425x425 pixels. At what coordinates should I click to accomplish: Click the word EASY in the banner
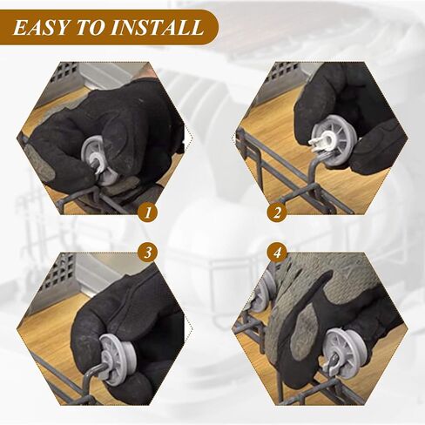pos(41,28)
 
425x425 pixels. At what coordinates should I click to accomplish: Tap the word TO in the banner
pos(90,28)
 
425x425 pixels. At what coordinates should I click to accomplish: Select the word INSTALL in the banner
pos(157,28)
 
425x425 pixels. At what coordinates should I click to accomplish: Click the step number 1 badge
pos(148,212)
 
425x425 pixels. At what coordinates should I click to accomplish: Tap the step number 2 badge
pos(277,212)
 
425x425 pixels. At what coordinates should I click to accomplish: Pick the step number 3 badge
pos(148,253)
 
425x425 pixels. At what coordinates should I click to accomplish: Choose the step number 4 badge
pos(277,253)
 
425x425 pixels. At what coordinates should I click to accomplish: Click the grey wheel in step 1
pos(98,160)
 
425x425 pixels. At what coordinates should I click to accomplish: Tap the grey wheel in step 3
pos(118,360)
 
